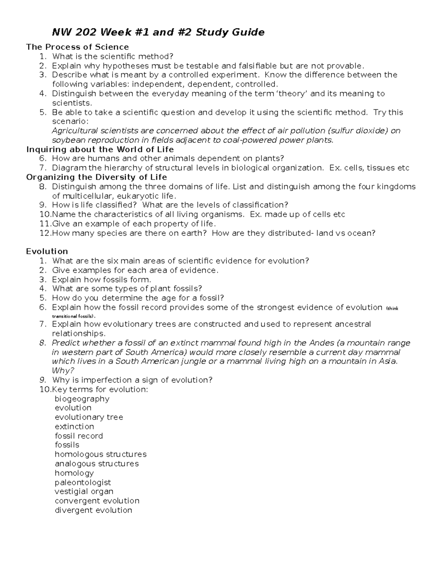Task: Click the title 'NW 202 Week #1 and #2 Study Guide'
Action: pyautogui.click(x=158, y=33)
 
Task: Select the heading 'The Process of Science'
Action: pyautogui.click(x=77, y=47)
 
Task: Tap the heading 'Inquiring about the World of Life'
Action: pyautogui.click(x=100, y=149)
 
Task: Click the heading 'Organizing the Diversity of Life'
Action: pyautogui.click(x=97, y=177)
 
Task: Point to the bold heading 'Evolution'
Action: pyautogui.click(x=47, y=251)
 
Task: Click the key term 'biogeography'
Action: pyautogui.click(x=82, y=399)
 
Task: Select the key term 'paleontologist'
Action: pyautogui.click(x=83, y=482)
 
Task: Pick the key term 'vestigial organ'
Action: pyautogui.click(x=84, y=491)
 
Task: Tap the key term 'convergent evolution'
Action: pyautogui.click(x=97, y=501)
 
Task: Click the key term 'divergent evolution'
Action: pyautogui.click(x=93, y=510)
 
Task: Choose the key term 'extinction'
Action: pyautogui.click(x=74, y=427)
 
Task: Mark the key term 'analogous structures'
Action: pyautogui.click(x=97, y=464)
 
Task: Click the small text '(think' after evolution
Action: pyautogui.click(x=392, y=308)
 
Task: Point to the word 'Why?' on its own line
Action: pyautogui.click(x=63, y=371)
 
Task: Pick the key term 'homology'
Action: pyautogui.click(x=74, y=473)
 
